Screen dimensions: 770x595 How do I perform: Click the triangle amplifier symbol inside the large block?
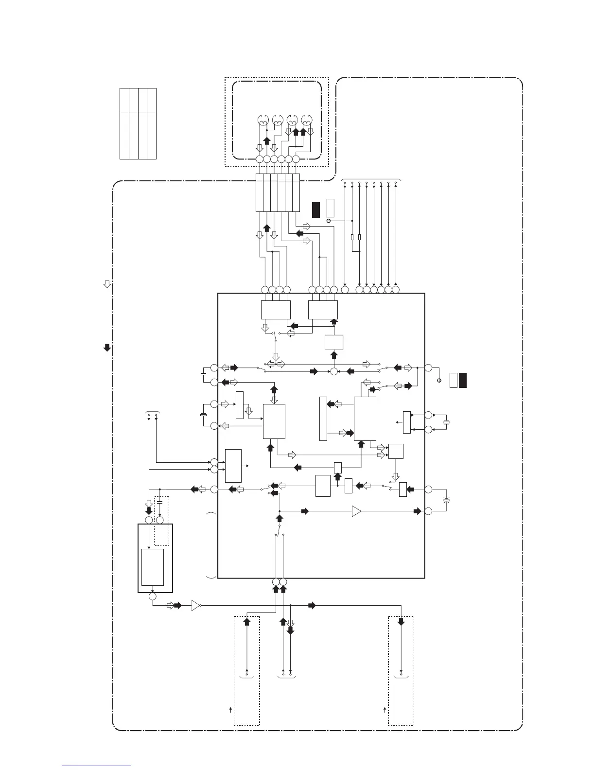click(357, 511)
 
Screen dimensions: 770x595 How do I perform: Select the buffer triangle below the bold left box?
click(196, 606)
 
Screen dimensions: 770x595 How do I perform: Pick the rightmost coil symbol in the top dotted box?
click(307, 120)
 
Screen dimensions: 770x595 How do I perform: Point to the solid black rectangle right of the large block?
click(463, 380)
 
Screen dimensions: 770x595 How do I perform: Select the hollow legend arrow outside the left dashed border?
click(107, 284)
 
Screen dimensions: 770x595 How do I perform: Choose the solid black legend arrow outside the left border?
click(107, 348)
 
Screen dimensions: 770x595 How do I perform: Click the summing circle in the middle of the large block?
click(334, 372)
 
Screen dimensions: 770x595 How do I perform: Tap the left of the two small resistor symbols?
click(352, 237)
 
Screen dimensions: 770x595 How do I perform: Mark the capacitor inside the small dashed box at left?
click(160, 501)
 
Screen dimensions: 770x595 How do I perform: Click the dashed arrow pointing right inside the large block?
click(247, 466)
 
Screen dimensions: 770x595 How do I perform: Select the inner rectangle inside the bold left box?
click(153, 567)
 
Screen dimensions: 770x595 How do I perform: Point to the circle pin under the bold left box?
click(153, 596)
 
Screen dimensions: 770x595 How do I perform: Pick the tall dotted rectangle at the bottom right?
click(401, 670)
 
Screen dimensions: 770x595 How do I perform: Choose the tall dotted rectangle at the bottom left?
click(246, 670)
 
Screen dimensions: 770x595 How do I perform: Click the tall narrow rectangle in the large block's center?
click(323, 419)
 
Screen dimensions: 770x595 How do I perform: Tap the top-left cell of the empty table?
click(124, 100)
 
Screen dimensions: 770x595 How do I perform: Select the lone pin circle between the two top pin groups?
click(345, 290)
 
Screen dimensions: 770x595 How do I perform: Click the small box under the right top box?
click(334, 342)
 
